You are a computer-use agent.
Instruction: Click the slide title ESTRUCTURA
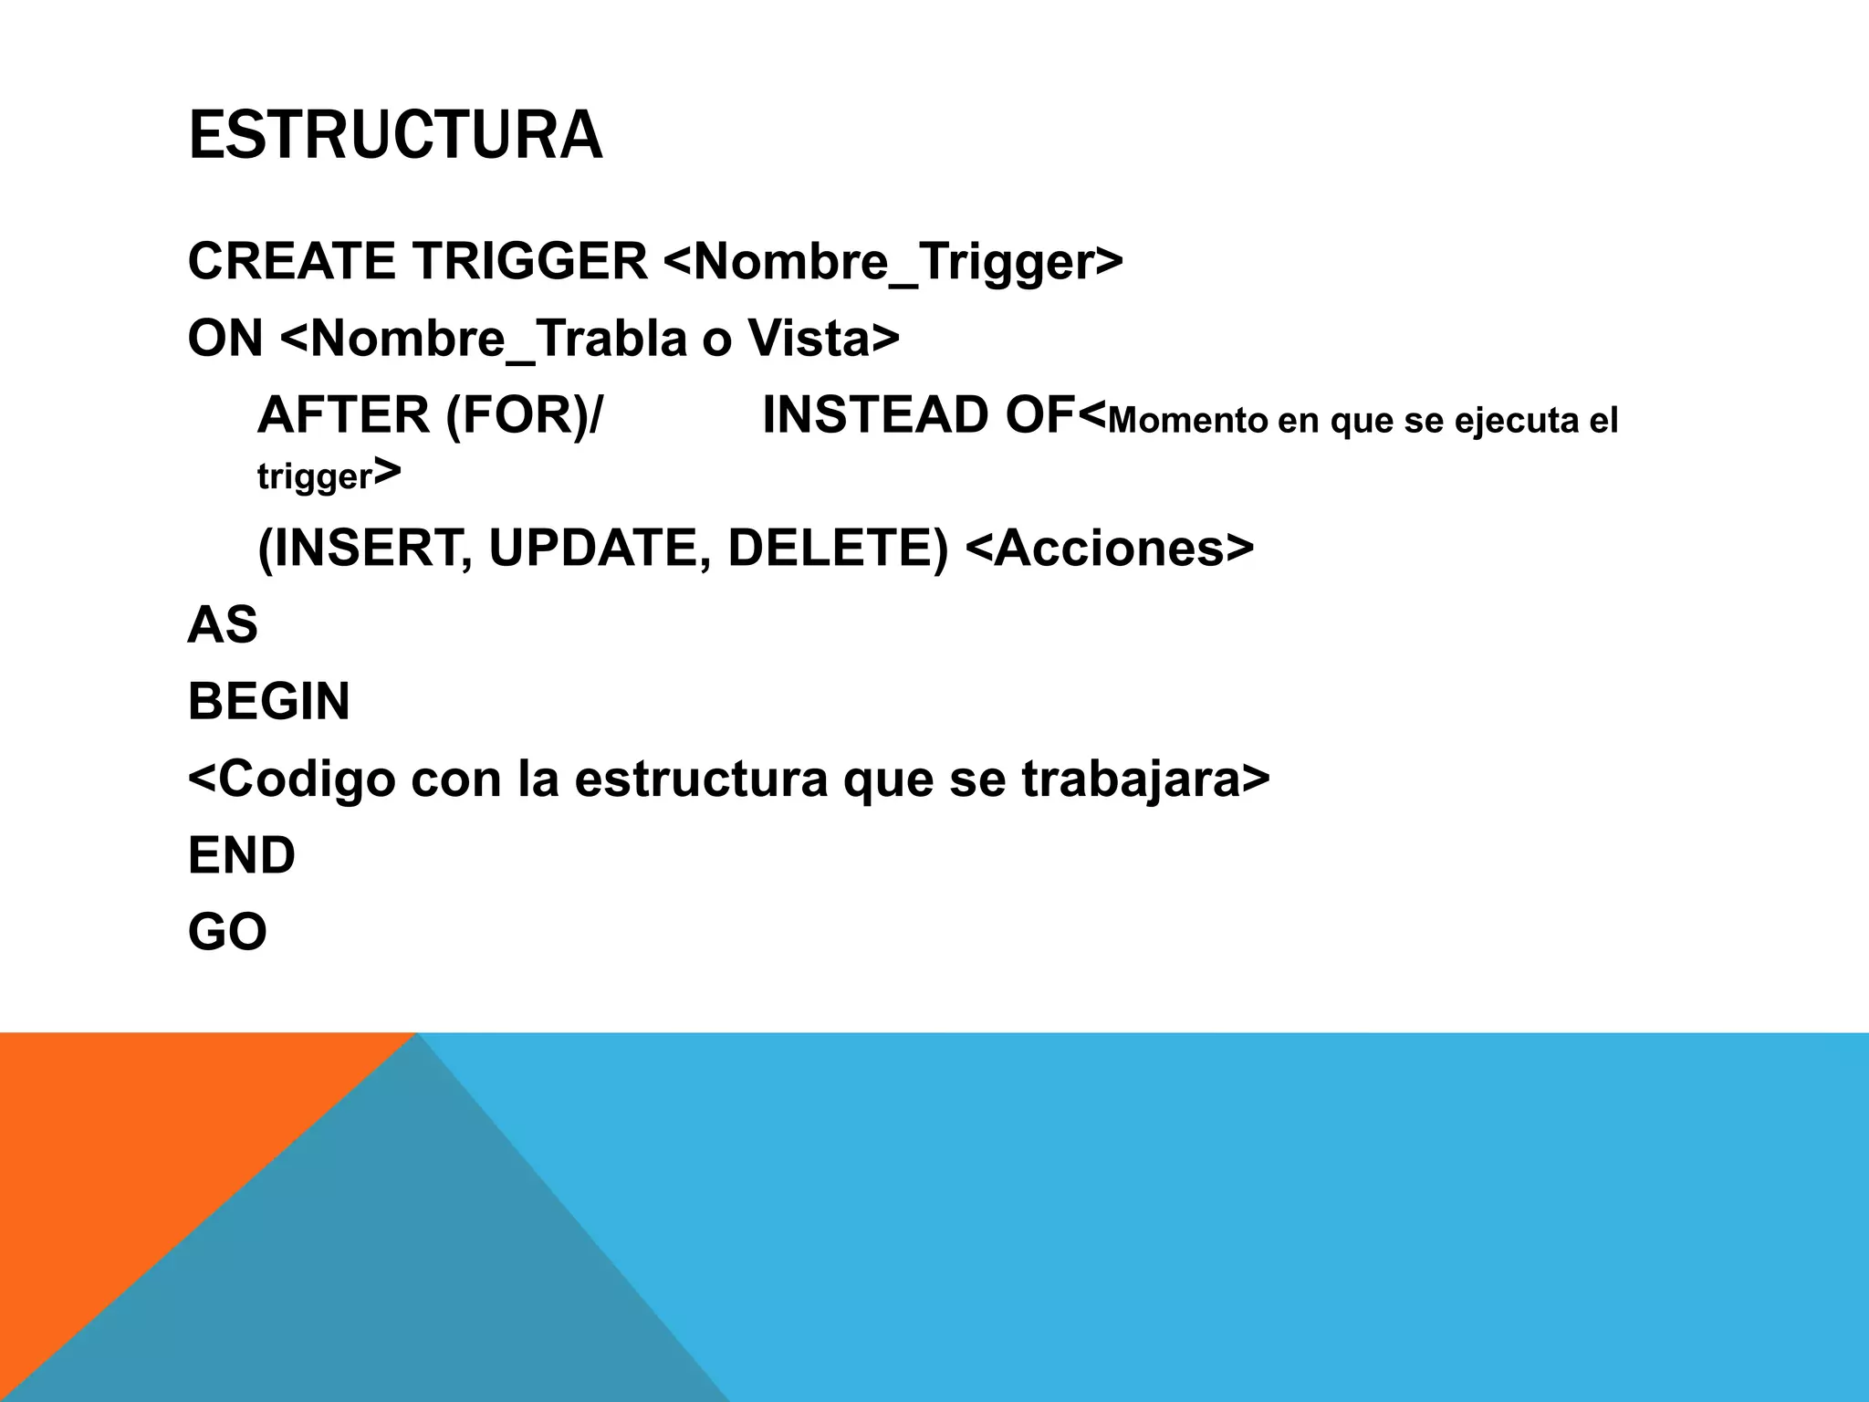coord(394,135)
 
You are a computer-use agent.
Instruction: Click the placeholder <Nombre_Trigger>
coord(893,263)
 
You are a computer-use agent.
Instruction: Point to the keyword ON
coord(224,338)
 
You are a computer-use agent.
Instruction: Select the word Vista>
coord(823,338)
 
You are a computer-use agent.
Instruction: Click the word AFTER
coord(343,415)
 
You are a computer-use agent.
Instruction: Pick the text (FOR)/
coord(524,416)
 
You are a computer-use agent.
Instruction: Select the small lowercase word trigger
coord(315,476)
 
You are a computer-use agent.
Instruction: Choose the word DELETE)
coord(838,548)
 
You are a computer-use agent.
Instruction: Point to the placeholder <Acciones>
coord(1109,548)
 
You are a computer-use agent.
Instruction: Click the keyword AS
coord(222,625)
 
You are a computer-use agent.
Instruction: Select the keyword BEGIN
coord(268,702)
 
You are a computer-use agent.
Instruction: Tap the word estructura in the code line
coord(700,779)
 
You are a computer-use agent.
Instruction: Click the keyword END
coord(241,855)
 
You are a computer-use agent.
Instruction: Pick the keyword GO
coord(226,932)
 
